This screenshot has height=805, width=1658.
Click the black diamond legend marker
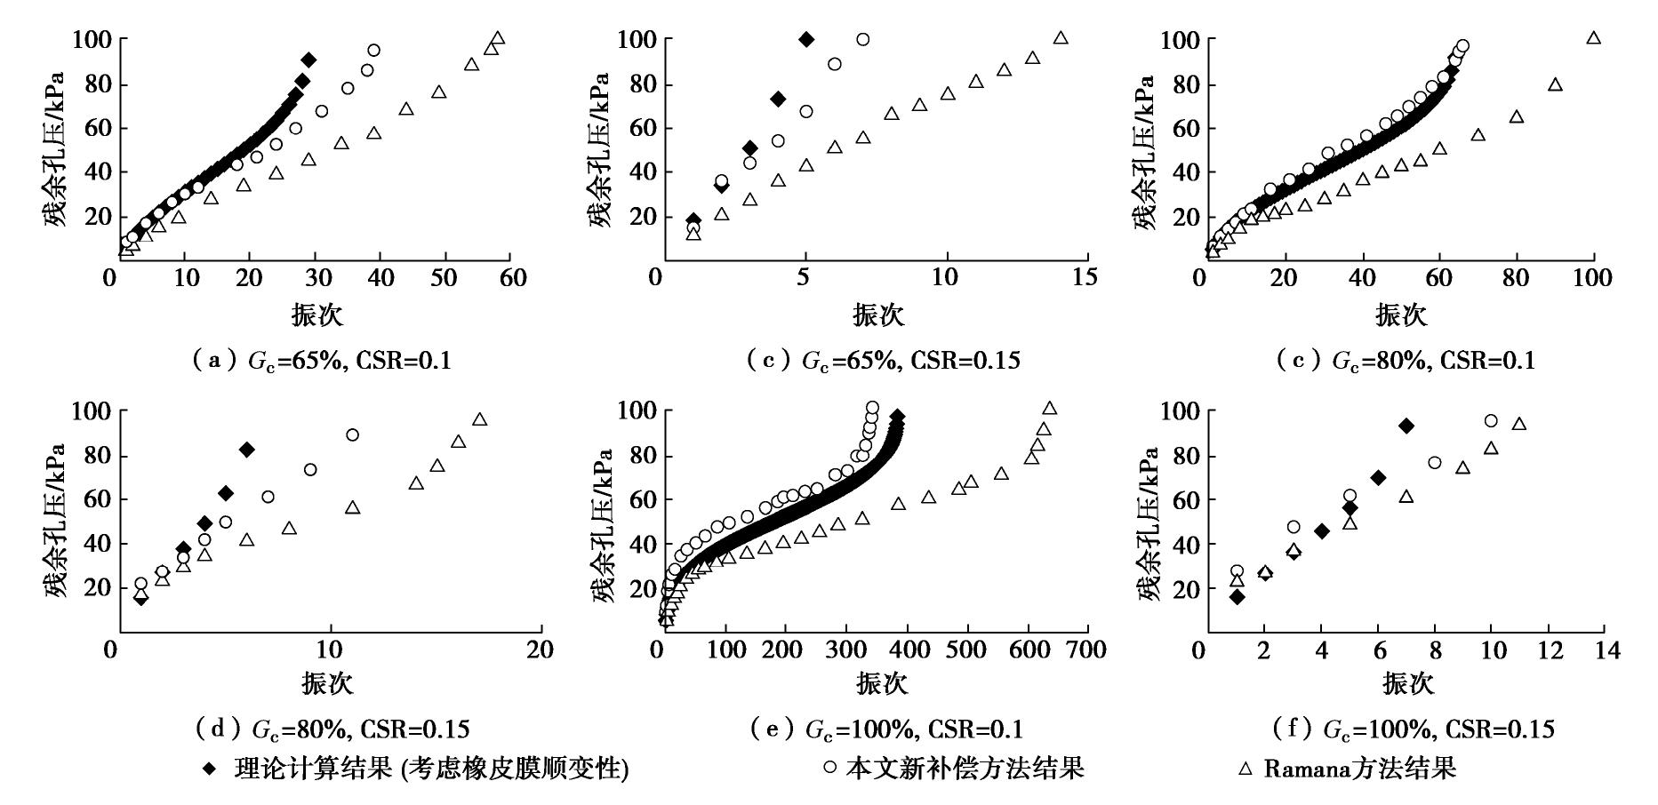209,769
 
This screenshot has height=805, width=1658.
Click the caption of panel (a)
321,360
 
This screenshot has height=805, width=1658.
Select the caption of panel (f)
1414,729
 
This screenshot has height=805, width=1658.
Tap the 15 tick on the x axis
1085,278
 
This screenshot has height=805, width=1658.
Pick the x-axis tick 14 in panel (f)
1606,650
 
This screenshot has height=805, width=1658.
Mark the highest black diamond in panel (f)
1406,426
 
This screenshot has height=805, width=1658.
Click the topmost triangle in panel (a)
498,38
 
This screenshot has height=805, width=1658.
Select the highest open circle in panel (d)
352,434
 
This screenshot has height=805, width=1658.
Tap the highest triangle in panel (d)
479,419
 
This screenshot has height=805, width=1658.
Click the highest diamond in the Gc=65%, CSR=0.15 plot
806,39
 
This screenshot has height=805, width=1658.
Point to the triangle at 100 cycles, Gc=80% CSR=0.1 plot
1594,38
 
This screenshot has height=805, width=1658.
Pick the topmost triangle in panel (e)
1049,409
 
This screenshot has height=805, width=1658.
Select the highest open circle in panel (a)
373,51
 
